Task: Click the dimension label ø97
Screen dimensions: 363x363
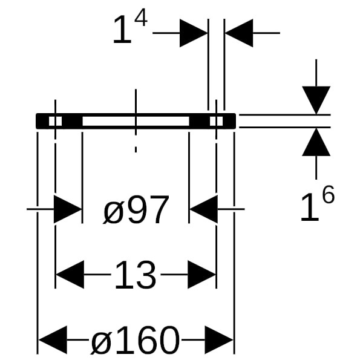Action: (x=136, y=211)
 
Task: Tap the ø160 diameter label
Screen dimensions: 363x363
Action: (x=135, y=340)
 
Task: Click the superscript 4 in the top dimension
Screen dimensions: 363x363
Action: (x=140, y=19)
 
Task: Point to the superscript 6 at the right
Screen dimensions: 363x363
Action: (x=327, y=195)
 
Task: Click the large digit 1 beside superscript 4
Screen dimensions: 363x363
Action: (x=122, y=31)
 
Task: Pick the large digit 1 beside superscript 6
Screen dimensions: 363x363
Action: (x=309, y=208)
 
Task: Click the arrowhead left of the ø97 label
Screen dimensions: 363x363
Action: (x=68, y=210)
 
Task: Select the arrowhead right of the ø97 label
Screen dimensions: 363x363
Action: (x=203, y=210)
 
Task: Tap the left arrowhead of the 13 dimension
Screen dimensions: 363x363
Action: (x=70, y=276)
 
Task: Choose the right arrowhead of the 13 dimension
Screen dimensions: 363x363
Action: (x=201, y=276)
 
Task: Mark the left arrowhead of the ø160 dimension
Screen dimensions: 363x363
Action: (x=53, y=340)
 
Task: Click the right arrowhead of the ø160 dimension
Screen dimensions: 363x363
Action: (x=219, y=340)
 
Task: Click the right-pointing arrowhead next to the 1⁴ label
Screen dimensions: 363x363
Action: (x=194, y=33)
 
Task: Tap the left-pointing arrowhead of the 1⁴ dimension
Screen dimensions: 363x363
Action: (x=238, y=33)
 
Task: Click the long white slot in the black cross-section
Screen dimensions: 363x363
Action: (x=136, y=121)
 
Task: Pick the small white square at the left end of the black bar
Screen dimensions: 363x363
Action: (x=54, y=121)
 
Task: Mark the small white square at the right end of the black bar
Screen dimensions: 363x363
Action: (x=217, y=121)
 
